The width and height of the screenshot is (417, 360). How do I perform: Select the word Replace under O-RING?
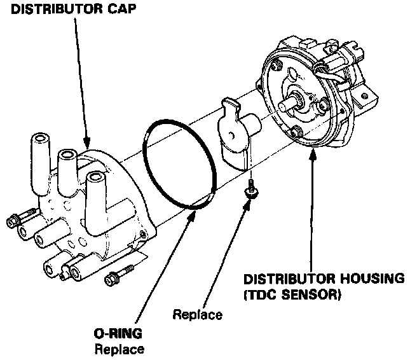[119, 349]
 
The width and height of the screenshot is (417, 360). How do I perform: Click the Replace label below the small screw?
[198, 314]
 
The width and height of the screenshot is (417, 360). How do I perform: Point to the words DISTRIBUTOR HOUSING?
[324, 279]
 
